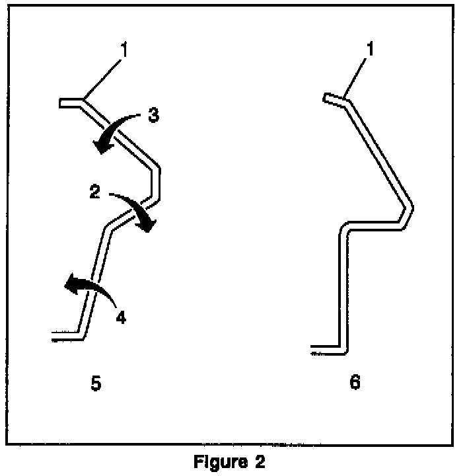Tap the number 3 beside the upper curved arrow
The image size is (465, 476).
pyautogui.click(x=153, y=115)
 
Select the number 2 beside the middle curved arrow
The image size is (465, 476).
pyautogui.click(x=94, y=192)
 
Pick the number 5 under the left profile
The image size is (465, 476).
pyautogui.click(x=96, y=383)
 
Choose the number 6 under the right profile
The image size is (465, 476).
pyautogui.click(x=355, y=383)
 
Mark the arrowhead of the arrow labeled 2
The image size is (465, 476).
pyautogui.click(x=149, y=227)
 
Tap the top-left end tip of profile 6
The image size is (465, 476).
pyautogui.click(x=325, y=98)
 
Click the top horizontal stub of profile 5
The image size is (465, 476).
pyautogui.click(x=71, y=102)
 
